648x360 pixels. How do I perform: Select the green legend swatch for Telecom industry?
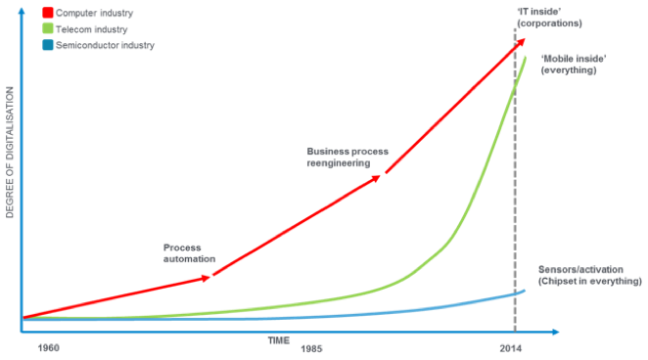pyautogui.click(x=48, y=30)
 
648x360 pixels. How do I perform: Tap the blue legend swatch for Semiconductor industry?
pyautogui.click(x=48, y=45)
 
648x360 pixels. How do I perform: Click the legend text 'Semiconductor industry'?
pyautogui.click(x=107, y=45)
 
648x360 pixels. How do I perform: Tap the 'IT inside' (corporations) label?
pyautogui.click(x=549, y=17)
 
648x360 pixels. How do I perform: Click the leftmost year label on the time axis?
pyautogui.click(x=48, y=348)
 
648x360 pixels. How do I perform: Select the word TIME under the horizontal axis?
pyautogui.click(x=280, y=339)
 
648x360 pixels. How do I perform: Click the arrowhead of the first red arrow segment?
pyautogui.click(x=208, y=278)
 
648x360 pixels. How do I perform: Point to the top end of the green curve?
pyautogui.click(x=527, y=57)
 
